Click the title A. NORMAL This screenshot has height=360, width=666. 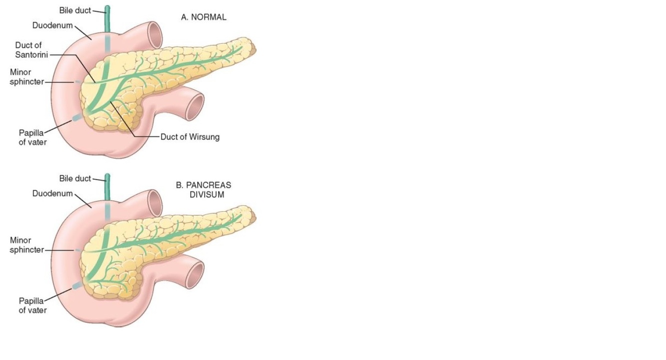click(x=203, y=17)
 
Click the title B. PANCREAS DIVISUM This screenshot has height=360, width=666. click(x=204, y=189)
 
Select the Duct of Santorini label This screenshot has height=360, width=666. click(x=28, y=50)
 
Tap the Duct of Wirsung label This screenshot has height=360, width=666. click(x=190, y=136)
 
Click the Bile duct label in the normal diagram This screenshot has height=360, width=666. click(x=75, y=10)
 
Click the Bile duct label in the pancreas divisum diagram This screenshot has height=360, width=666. click(x=75, y=178)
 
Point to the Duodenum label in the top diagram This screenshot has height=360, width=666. click(x=52, y=25)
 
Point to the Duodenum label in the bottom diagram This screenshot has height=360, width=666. click(x=52, y=193)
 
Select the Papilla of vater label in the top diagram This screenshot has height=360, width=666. click(x=32, y=137)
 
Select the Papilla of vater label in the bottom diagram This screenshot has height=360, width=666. click(x=32, y=305)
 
